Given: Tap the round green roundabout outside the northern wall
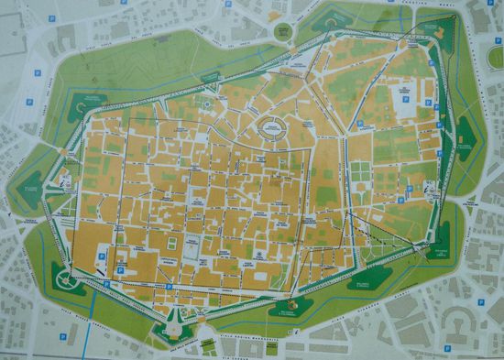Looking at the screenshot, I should tap(283, 31).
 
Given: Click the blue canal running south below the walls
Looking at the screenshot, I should tap(90, 330).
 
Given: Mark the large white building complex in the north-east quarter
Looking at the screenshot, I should tap(403, 94).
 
